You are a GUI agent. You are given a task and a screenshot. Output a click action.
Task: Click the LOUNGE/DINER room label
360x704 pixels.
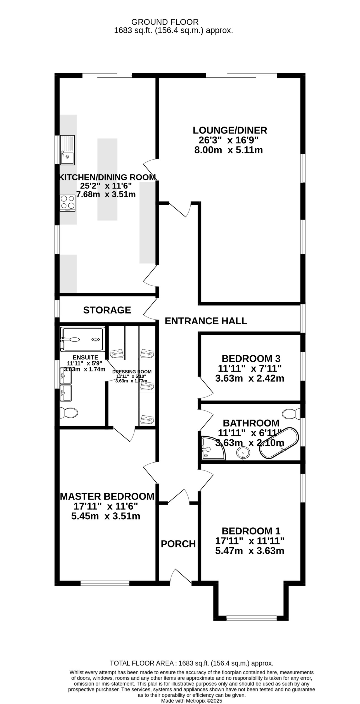coord(230,130)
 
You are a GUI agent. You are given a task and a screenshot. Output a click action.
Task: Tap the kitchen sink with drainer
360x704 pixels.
coord(67,150)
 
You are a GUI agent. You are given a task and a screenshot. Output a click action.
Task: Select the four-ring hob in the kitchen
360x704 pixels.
coord(67,203)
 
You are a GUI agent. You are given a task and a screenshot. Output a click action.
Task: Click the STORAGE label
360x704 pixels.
coord(107,310)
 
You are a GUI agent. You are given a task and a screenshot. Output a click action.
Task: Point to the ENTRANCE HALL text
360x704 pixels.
coord(206,321)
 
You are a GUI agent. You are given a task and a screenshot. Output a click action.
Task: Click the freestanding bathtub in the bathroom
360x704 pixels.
coord(279,443)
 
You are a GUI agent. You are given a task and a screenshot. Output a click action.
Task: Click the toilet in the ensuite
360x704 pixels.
coord(69,413)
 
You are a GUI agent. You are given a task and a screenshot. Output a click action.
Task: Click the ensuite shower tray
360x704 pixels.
coord(83,339)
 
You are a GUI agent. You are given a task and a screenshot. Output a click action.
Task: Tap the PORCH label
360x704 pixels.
coord(178,544)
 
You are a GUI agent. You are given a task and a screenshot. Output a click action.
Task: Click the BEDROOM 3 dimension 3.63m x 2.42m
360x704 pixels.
coord(250,379)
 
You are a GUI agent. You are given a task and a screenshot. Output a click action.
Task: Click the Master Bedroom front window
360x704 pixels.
coord(105,583)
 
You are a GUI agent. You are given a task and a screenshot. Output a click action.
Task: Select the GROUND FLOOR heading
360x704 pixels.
coord(165,22)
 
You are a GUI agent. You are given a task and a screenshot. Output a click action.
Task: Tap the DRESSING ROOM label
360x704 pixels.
coord(132,372)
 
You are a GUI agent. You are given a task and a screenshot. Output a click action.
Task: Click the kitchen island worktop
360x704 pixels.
coord(107,179)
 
